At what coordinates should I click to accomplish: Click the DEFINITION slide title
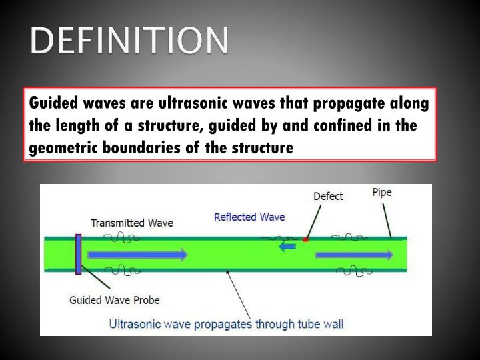(x=128, y=41)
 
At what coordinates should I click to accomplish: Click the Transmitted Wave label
(x=131, y=223)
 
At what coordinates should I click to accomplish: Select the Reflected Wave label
(x=249, y=217)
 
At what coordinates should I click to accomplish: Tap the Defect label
(x=328, y=196)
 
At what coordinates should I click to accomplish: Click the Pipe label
(x=381, y=193)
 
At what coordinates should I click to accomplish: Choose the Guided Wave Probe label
(x=114, y=300)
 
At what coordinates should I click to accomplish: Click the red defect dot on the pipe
(x=305, y=239)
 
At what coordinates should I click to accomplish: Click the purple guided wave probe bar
(x=79, y=254)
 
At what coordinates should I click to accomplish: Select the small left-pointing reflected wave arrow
(x=287, y=247)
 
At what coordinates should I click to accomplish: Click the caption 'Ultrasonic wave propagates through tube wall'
(x=226, y=325)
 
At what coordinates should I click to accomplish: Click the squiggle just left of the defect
(x=282, y=237)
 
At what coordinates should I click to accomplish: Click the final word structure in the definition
(x=263, y=148)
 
